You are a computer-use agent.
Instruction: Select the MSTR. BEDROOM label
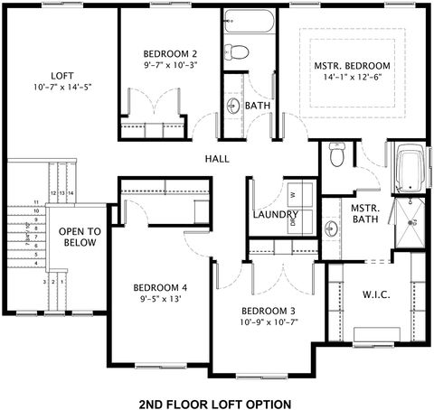click(352, 66)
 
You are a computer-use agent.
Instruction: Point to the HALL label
click(217, 158)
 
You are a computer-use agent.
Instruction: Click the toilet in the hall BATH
click(231, 50)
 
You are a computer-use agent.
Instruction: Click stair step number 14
click(70, 193)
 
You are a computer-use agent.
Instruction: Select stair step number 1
click(62, 283)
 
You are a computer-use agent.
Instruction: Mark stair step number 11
click(37, 201)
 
